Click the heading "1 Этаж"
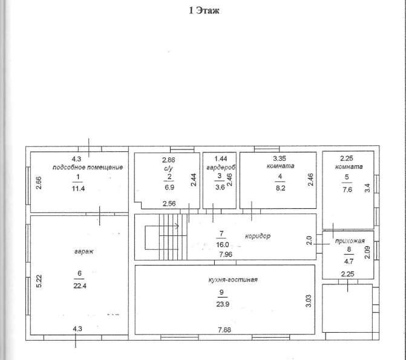pos(204,11)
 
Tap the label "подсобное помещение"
pos(88,168)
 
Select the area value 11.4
pos(78,189)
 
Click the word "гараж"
pos(83,252)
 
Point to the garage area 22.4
pos(80,286)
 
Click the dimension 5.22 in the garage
pos(39,281)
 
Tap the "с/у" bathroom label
pos(168,169)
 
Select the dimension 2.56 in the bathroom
pos(169,204)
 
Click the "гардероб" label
pos(221,168)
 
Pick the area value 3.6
pos(220,187)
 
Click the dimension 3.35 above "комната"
pos(280,159)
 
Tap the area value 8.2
pos(280,188)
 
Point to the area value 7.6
pos(347,189)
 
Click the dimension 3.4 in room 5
pos(367,188)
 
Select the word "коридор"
pos(258,236)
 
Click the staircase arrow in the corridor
pos(162,226)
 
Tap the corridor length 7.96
pos(226,254)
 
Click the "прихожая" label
pos(350,241)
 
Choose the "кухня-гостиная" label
pos(233,280)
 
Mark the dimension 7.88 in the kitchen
pos(224,330)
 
